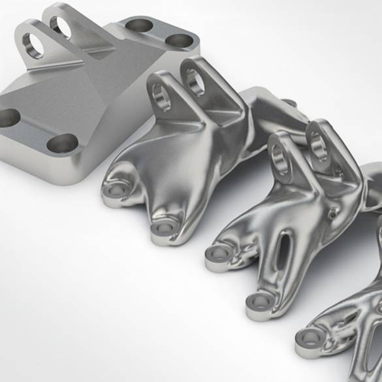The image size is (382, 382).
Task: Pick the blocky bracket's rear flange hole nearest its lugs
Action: [138, 25]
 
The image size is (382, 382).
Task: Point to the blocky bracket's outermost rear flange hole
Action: [179, 40]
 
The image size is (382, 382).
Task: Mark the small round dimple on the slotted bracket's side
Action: [334, 213]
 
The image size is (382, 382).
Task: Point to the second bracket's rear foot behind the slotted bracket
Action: [288, 104]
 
